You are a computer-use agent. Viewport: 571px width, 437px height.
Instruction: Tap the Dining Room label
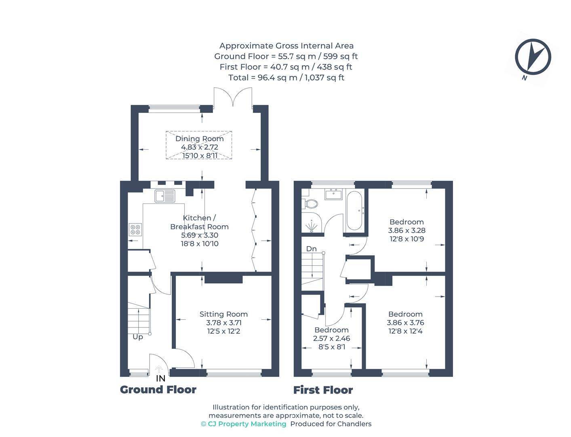pyautogui.click(x=199, y=139)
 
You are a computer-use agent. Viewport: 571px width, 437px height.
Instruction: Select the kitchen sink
pyautogui.click(x=164, y=196)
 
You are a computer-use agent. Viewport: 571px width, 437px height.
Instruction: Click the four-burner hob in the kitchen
pyautogui.click(x=135, y=230)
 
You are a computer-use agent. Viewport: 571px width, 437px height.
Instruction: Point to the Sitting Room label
pyautogui.click(x=223, y=314)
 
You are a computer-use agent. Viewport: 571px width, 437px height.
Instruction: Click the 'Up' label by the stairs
pyautogui.click(x=138, y=337)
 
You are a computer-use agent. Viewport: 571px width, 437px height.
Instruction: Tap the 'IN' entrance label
pyautogui.click(x=160, y=379)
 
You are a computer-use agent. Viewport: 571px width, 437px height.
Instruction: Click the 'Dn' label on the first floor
pyautogui.click(x=311, y=249)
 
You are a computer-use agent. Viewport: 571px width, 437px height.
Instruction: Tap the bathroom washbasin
pyautogui.click(x=334, y=194)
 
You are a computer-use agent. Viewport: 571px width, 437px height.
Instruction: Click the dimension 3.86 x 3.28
pyautogui.click(x=407, y=230)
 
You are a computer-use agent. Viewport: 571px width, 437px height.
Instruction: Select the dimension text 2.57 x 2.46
pyautogui.click(x=331, y=338)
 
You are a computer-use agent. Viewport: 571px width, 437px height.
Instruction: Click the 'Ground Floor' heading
pyautogui.click(x=158, y=390)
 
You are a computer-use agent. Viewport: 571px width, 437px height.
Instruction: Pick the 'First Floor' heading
pyautogui.click(x=323, y=390)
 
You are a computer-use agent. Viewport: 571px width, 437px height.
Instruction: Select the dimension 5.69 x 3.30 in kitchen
pyautogui.click(x=199, y=235)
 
